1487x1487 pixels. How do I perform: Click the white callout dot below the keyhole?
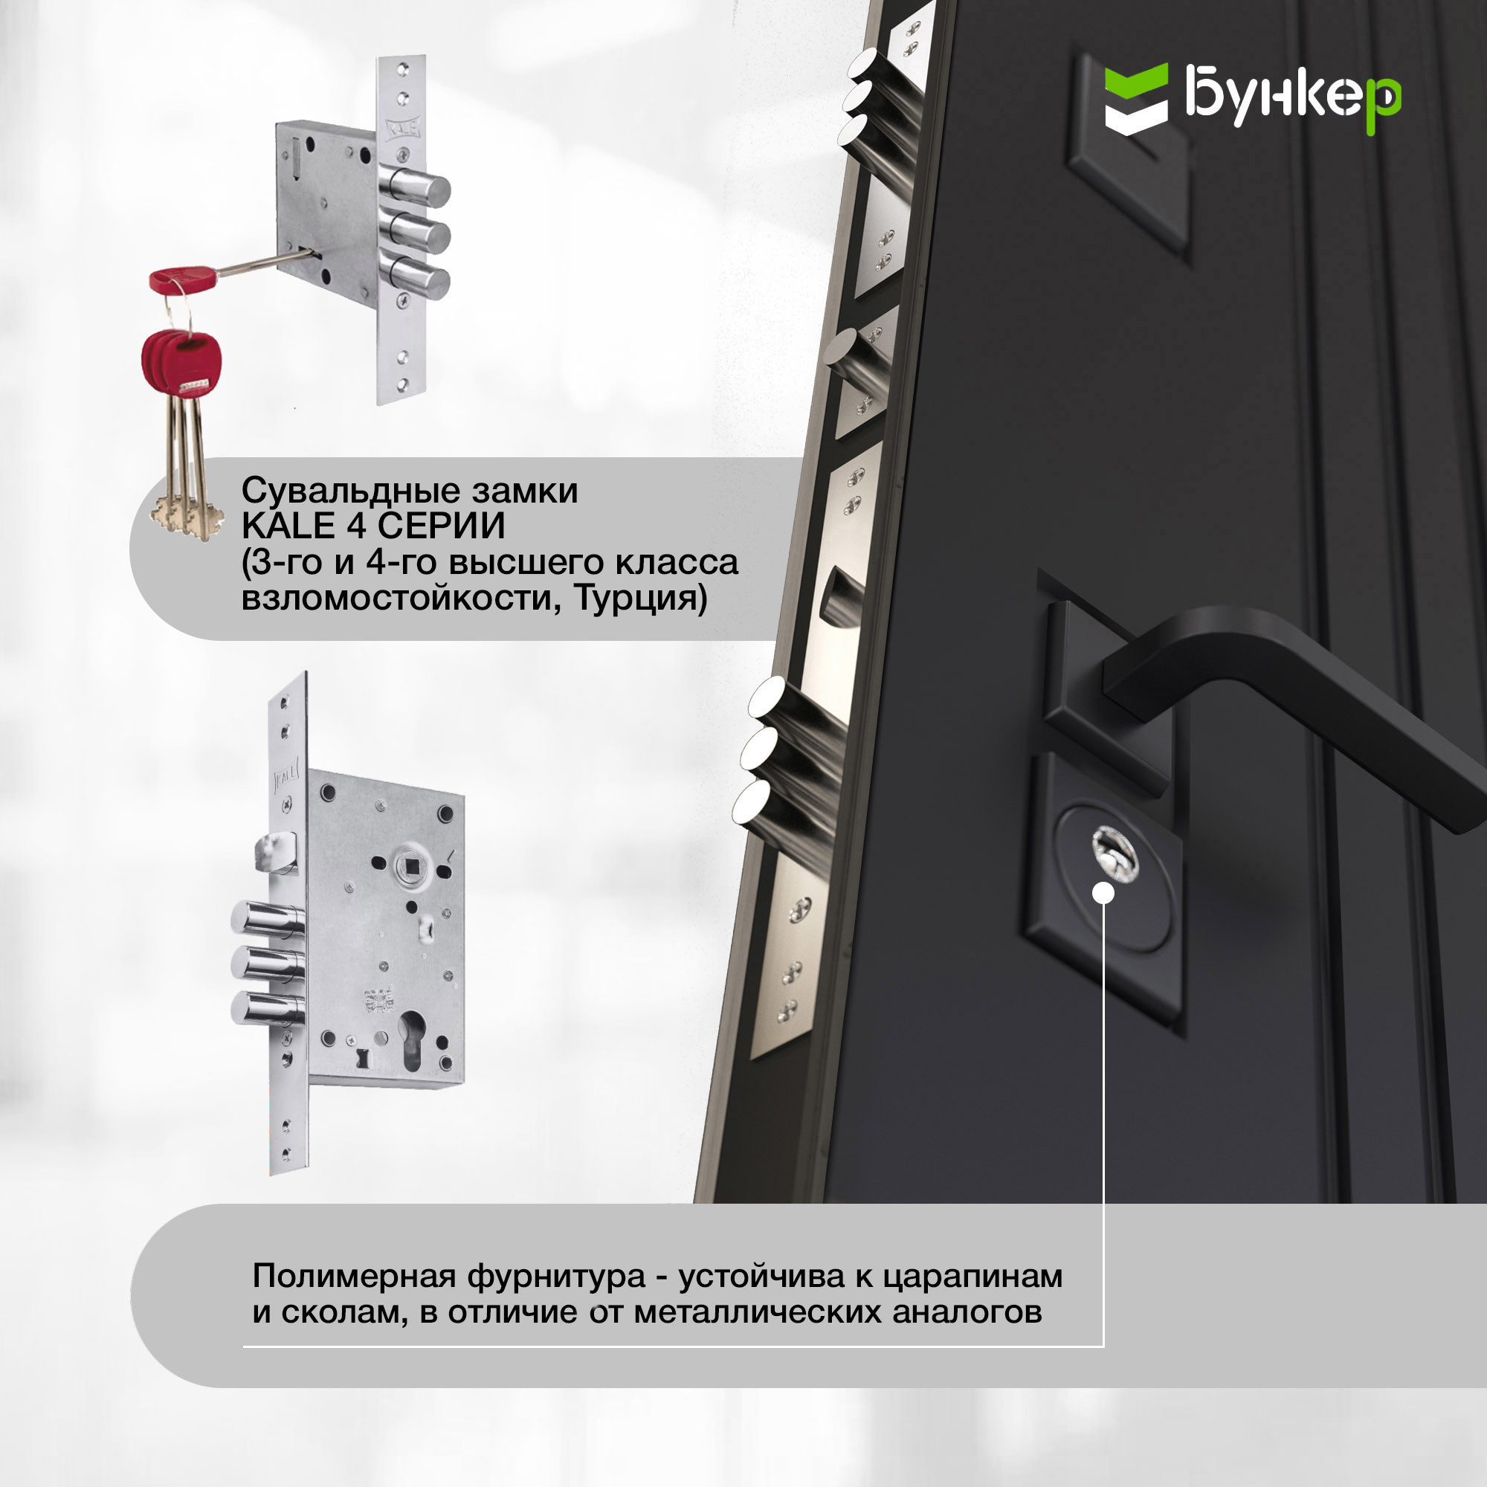(1103, 893)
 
